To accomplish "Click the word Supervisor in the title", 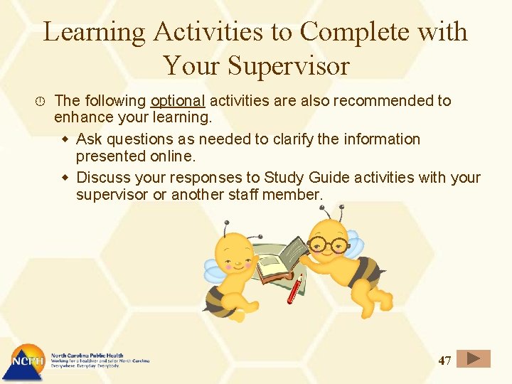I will point(289,65).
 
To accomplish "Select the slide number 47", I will point(444,361).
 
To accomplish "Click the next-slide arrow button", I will point(474,359).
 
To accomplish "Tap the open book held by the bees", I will point(282,260).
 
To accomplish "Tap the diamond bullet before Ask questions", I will point(65,139).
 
